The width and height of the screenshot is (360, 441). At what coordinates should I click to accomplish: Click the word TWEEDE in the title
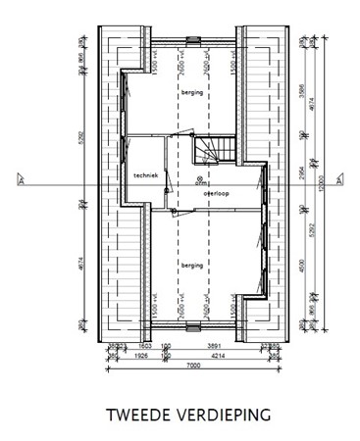(x=136, y=416)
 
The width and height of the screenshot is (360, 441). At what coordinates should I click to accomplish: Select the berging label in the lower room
(x=190, y=264)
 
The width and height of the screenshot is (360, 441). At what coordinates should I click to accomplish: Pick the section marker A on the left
(x=20, y=179)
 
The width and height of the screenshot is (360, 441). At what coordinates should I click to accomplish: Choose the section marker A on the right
(x=338, y=179)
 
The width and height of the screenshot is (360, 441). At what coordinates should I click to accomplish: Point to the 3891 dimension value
(x=213, y=346)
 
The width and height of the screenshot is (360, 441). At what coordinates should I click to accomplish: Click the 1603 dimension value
(x=143, y=346)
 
